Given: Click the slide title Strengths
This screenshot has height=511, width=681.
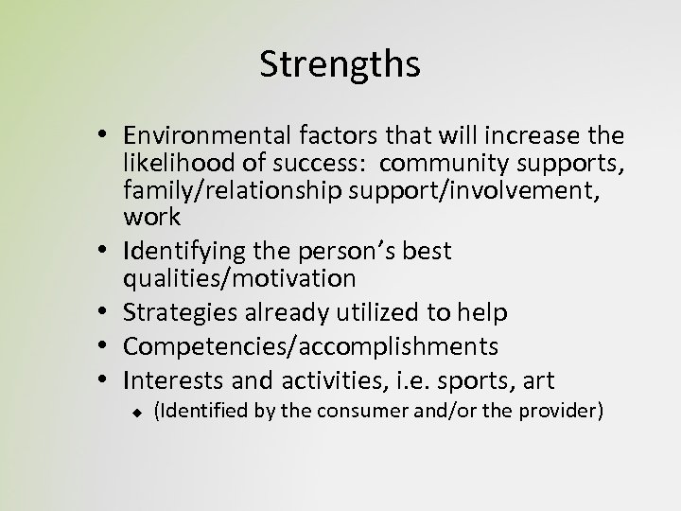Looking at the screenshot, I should tap(340, 65).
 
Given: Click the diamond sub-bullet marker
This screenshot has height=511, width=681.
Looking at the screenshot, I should tap(136, 414).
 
